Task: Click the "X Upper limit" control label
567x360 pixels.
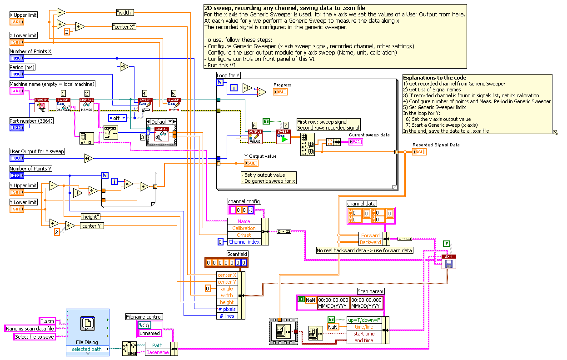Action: click(23, 15)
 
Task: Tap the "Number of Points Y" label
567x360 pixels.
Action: click(30, 169)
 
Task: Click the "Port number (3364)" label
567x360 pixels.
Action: click(30, 121)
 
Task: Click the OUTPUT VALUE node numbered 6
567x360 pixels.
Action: click(255, 137)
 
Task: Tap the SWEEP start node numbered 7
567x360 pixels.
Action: click(283, 137)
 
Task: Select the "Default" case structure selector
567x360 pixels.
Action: click(161, 122)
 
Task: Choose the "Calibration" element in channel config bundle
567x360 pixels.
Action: click(244, 228)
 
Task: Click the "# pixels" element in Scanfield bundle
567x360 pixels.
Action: click(227, 309)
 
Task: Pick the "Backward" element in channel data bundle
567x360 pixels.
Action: click(370, 242)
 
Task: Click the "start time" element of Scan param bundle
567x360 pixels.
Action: click(364, 334)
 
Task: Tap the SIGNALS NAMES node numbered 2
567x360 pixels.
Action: click(87, 105)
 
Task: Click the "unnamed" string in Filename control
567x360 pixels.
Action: click(149, 333)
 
